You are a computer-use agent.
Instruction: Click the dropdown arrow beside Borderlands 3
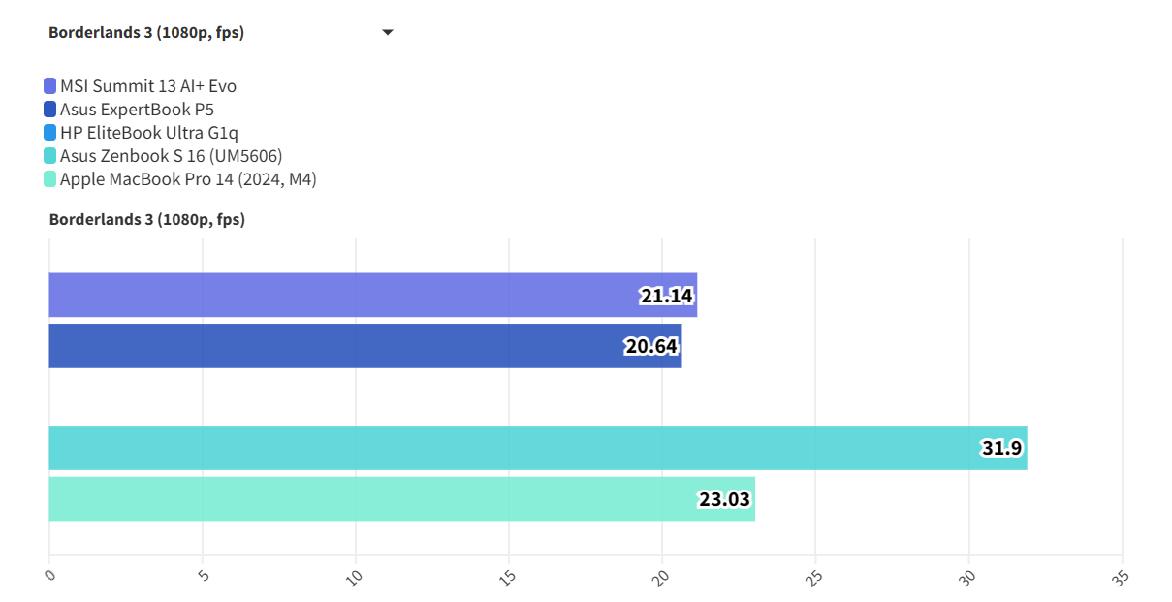(388, 32)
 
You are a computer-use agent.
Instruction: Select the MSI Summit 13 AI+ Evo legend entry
(147, 86)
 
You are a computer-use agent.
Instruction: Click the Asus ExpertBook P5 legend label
(137, 110)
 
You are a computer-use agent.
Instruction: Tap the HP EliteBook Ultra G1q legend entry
(148, 133)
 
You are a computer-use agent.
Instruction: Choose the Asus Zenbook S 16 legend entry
(171, 156)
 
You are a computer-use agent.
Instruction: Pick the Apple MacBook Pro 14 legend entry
(188, 179)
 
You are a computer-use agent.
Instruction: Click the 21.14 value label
(667, 296)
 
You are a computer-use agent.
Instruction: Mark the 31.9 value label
(1002, 448)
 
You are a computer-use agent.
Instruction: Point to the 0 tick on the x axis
(51, 576)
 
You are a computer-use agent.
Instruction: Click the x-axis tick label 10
(356, 578)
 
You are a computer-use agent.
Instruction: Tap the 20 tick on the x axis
(662, 578)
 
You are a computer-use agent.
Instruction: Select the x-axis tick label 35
(1122, 578)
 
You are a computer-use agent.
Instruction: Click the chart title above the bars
(147, 220)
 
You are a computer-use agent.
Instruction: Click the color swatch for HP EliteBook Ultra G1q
(50, 133)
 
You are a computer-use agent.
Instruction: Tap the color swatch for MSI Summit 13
(50, 86)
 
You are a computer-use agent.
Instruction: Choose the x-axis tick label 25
(815, 578)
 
